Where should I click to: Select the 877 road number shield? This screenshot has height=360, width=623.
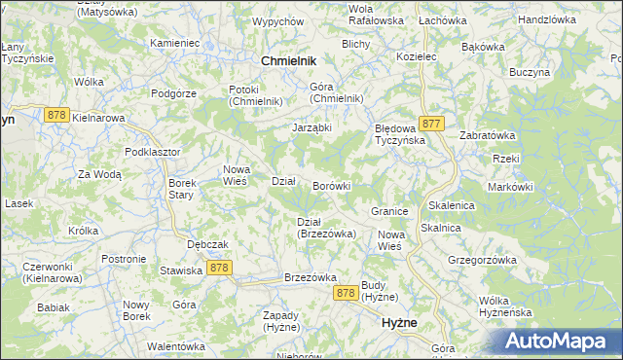(x=433, y=124)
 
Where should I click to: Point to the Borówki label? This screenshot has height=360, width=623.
(x=331, y=185)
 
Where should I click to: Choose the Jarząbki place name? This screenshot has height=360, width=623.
(x=312, y=126)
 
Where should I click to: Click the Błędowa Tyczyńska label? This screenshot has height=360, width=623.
(x=401, y=133)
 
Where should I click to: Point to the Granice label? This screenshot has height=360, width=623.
(x=388, y=210)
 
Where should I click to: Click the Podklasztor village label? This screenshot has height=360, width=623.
(x=152, y=153)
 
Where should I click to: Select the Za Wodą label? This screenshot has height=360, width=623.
(x=99, y=174)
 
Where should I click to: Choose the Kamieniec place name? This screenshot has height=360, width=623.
(x=175, y=44)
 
